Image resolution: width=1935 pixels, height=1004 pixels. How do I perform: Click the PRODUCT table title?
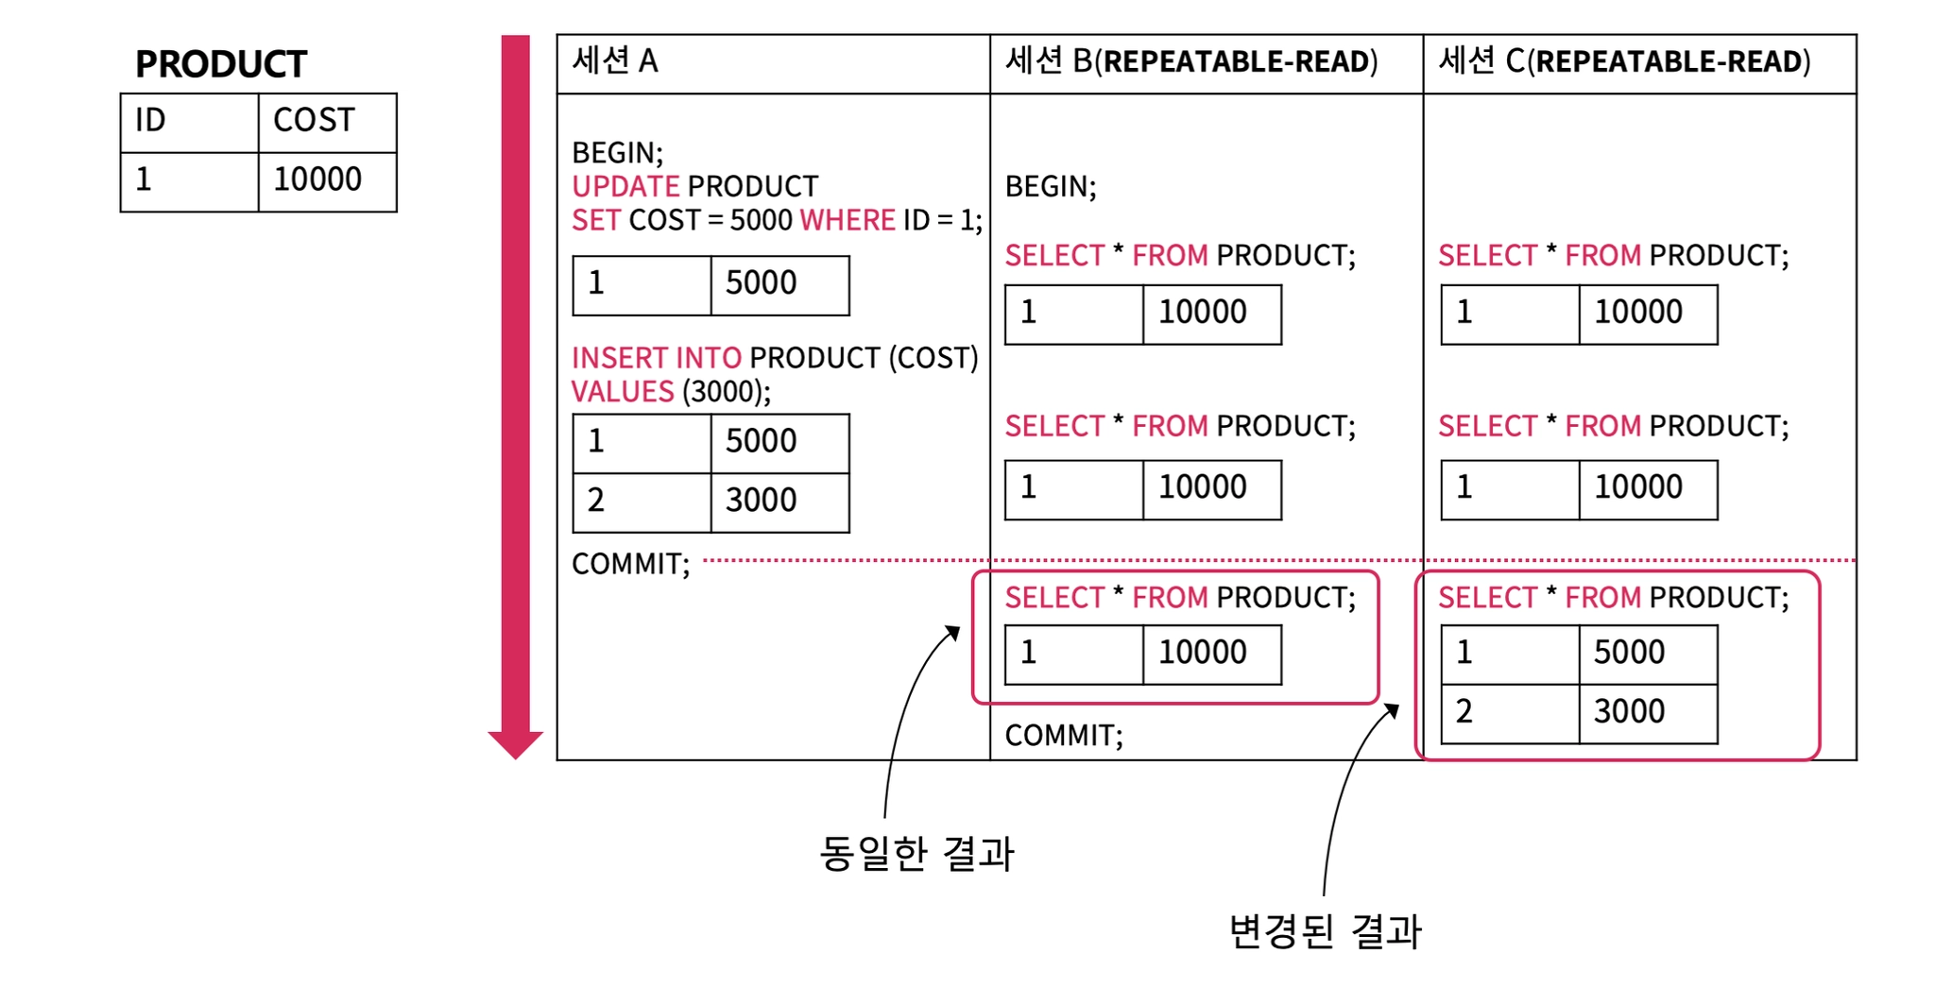[221, 64]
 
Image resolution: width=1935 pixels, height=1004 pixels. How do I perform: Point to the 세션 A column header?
[615, 61]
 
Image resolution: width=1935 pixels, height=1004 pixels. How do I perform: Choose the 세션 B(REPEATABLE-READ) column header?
[1191, 61]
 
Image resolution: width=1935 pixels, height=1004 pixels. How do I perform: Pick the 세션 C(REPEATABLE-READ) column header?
[1624, 61]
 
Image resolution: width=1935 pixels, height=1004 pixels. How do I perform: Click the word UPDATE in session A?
[625, 186]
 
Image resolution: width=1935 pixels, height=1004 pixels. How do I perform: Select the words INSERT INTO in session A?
[657, 358]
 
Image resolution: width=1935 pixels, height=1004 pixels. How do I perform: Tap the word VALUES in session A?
[623, 392]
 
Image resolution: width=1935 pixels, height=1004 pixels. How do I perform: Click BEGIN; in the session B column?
[1051, 187]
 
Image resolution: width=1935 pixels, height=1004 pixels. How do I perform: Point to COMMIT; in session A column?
[631, 564]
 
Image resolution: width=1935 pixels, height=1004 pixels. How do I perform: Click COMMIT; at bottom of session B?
[1064, 735]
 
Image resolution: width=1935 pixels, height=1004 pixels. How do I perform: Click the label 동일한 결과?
[916, 854]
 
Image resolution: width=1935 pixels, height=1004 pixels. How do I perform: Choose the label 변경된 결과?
[1325, 931]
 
